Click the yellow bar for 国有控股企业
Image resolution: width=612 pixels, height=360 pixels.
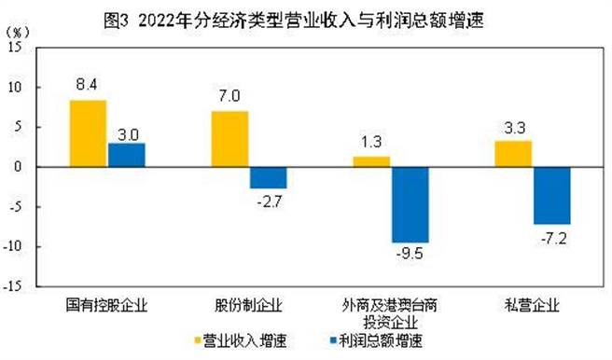click(88, 133)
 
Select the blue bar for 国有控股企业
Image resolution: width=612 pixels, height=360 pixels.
click(126, 155)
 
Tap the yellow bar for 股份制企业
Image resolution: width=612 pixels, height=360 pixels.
click(229, 139)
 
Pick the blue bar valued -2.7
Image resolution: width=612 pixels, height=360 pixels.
click(268, 177)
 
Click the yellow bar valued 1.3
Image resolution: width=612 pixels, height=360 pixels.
click(370, 161)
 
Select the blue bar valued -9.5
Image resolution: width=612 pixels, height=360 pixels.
click(410, 204)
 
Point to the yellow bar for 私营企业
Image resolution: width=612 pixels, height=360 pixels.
click(513, 154)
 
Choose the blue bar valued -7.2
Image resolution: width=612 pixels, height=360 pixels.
click(551, 195)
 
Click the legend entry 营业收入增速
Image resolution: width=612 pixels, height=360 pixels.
click(232, 339)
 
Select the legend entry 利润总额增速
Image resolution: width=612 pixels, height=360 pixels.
click(373, 339)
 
